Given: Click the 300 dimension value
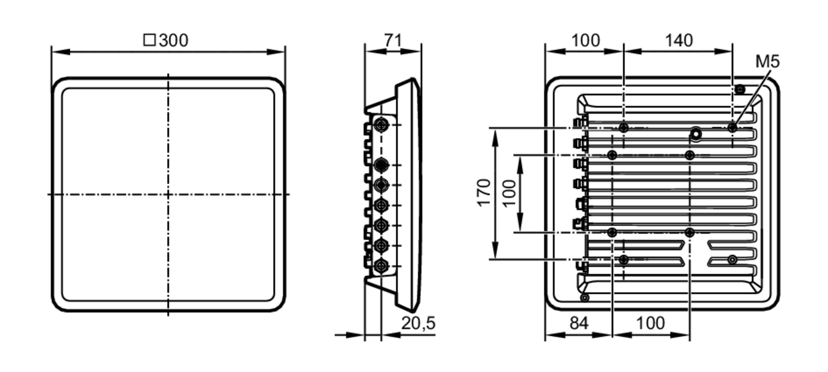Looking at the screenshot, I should [x=173, y=41].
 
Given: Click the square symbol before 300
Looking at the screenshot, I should [x=149, y=40].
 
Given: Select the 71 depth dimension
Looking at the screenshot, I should [x=392, y=40].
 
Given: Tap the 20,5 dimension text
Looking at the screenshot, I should [x=418, y=323].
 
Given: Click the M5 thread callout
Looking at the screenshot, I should [x=767, y=62].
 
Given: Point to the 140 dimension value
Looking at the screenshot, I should [x=679, y=41].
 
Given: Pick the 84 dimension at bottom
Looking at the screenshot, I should [x=578, y=323].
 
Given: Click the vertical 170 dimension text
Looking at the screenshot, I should [x=484, y=193].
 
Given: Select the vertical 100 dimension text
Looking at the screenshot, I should [x=509, y=193].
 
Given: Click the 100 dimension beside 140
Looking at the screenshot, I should [x=585, y=41].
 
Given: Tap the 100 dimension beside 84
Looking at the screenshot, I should [x=650, y=323].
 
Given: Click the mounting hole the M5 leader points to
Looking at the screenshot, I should [x=732, y=128].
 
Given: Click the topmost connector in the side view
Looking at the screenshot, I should [x=381, y=125].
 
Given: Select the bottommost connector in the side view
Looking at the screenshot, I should [x=381, y=266].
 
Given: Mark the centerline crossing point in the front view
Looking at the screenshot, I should [x=168, y=194].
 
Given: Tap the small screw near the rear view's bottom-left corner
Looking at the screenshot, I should [x=584, y=298].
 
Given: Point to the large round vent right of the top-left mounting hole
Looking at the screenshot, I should [x=696, y=134].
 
